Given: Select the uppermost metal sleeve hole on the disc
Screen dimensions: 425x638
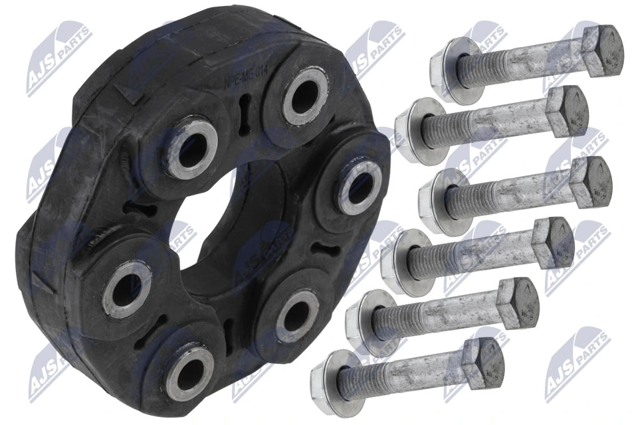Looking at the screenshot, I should point(304,96).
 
